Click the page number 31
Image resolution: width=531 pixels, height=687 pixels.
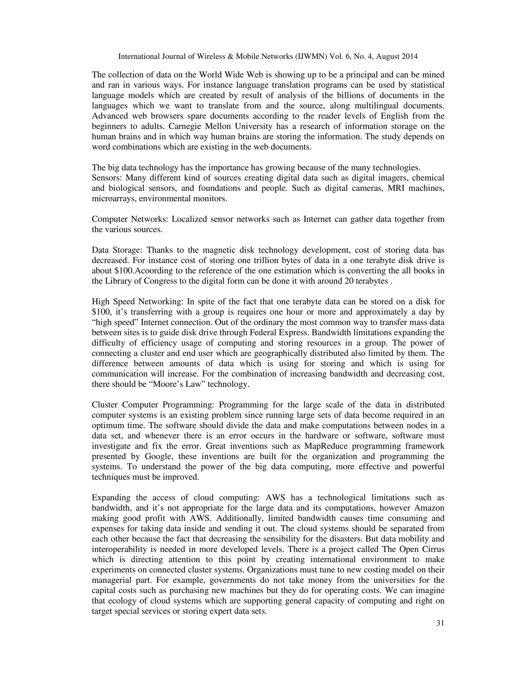coord(440,623)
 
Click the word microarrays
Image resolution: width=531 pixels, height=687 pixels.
coord(113,199)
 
